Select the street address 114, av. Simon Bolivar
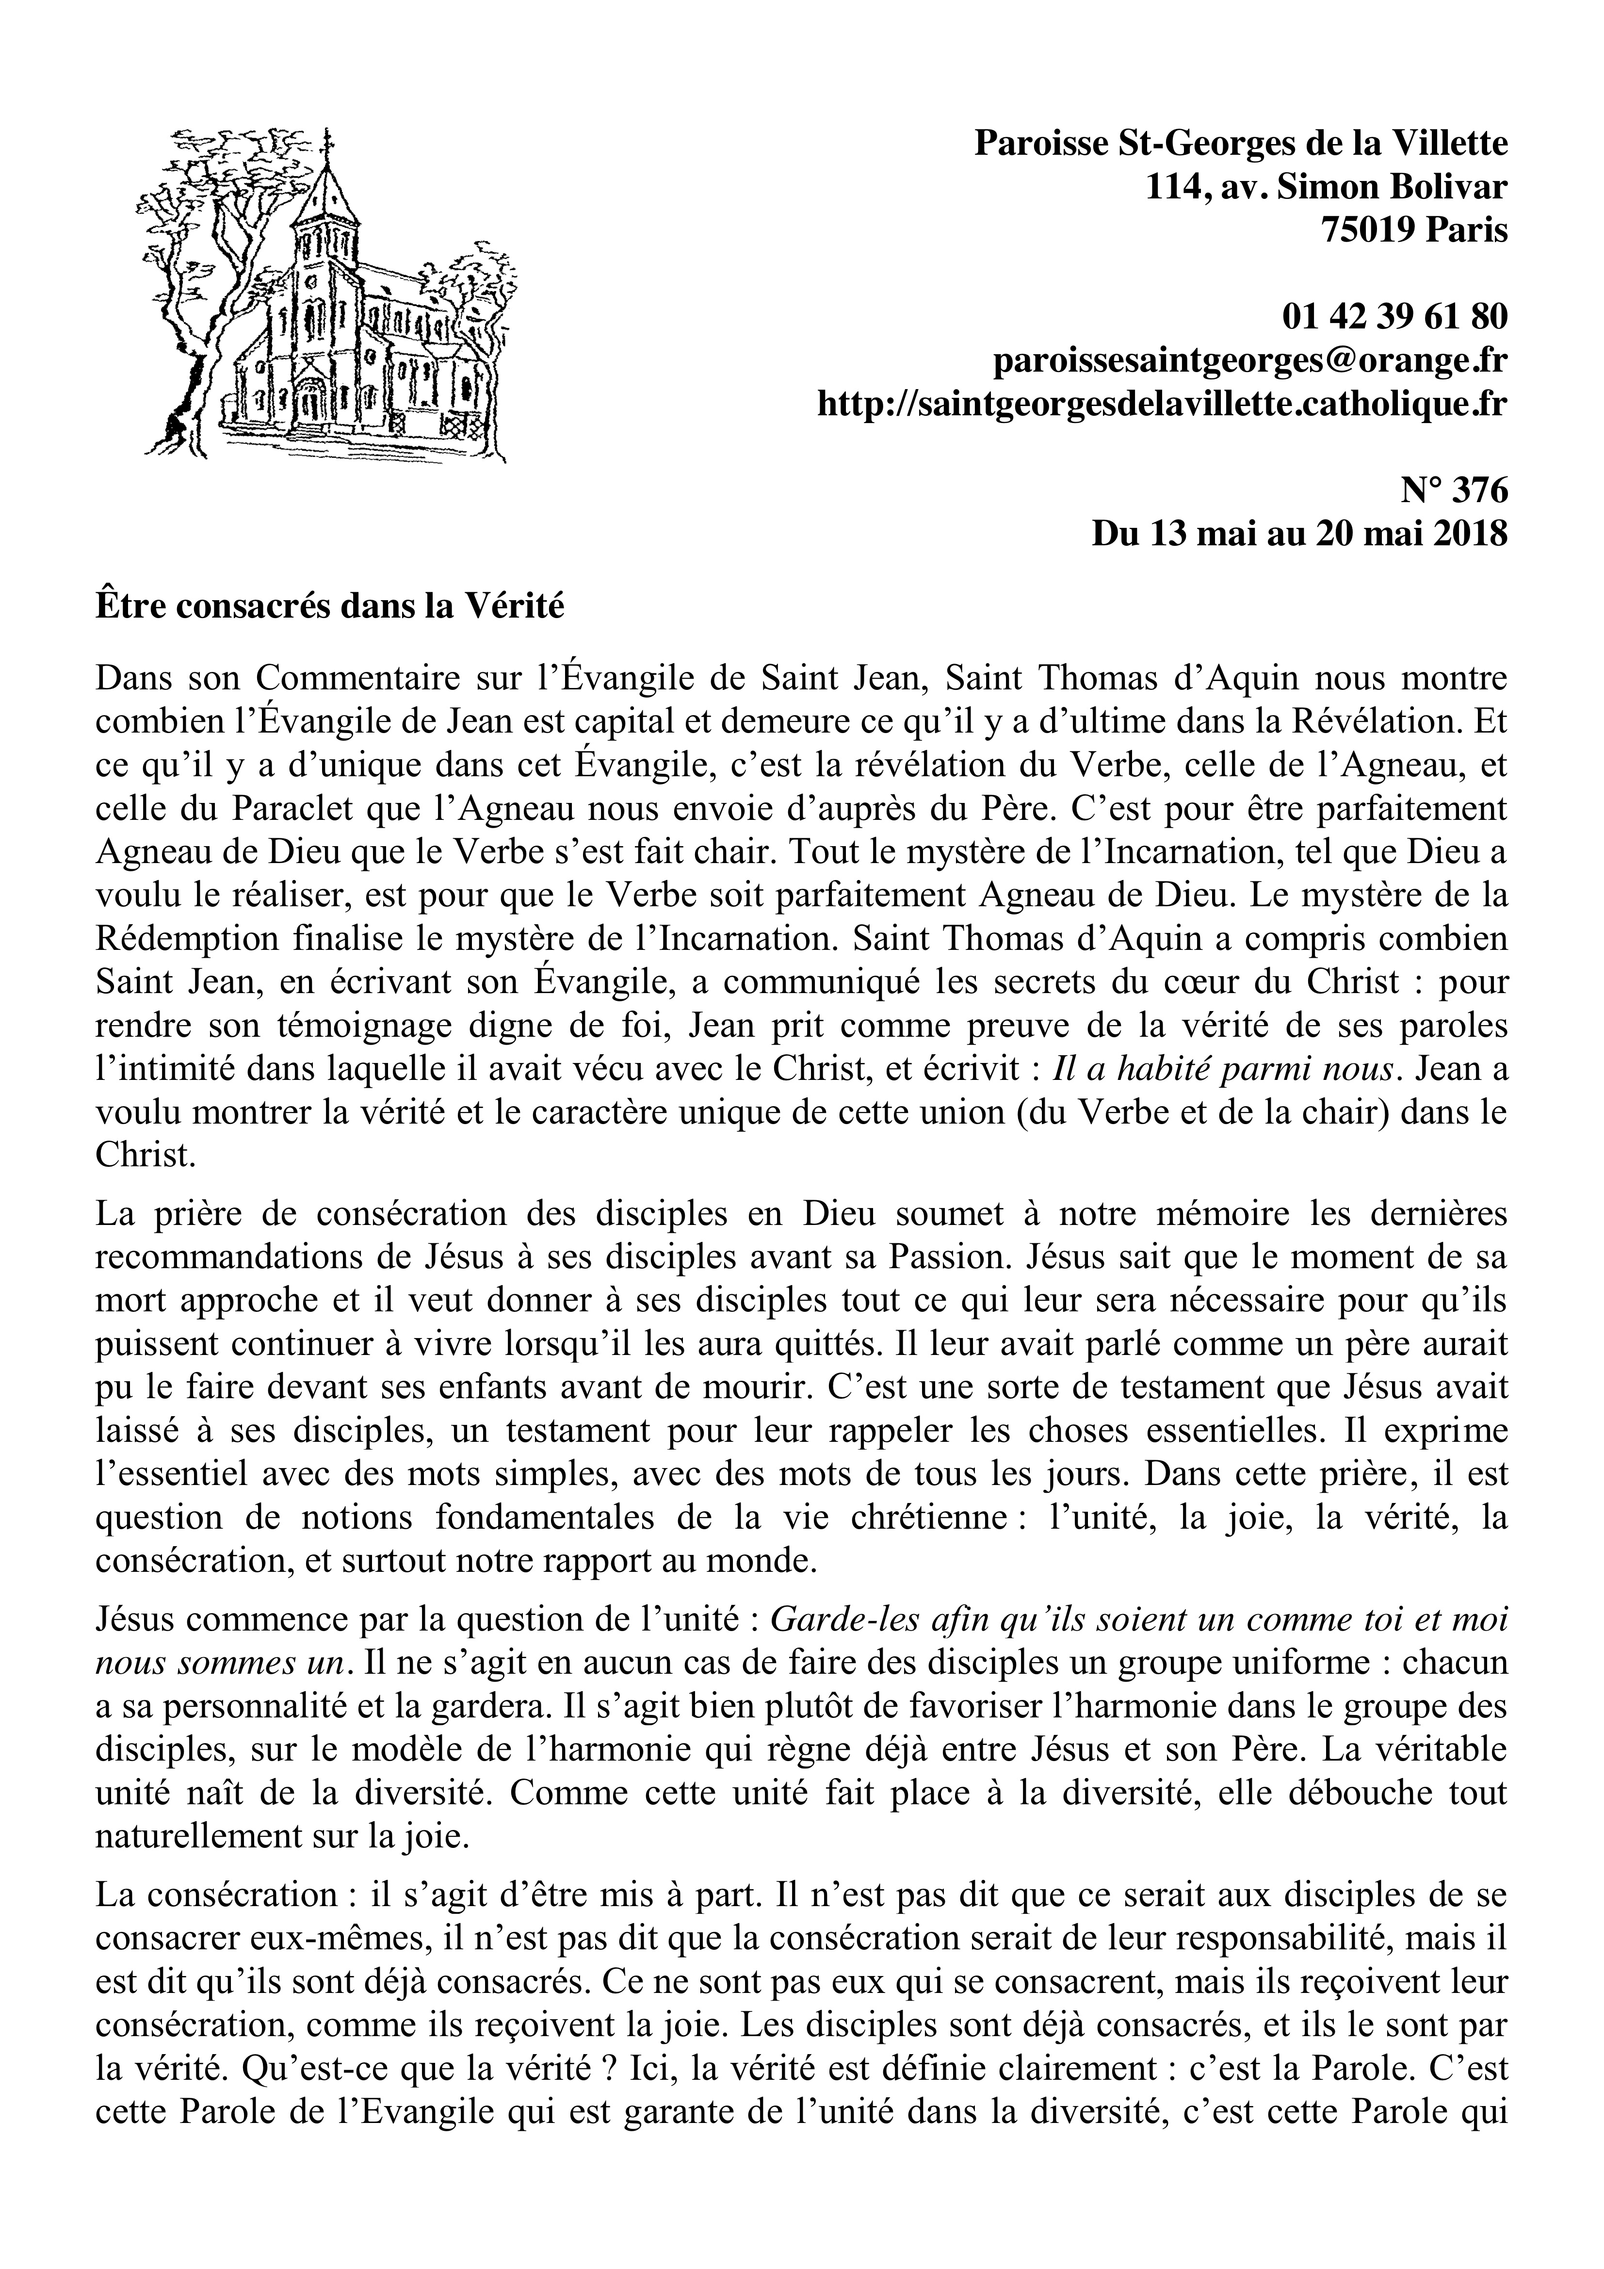tap(1326, 188)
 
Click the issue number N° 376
tap(1453, 491)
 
